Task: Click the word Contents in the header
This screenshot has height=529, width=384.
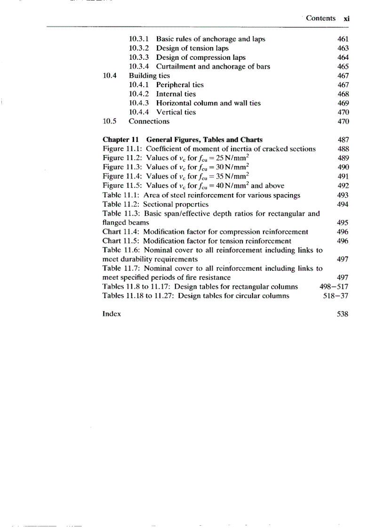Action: pos(320,18)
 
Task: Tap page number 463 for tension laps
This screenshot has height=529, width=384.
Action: pos(343,48)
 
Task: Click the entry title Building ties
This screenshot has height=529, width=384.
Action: pos(149,75)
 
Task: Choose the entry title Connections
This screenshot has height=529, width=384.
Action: pos(149,121)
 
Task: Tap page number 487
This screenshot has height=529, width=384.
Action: pos(343,139)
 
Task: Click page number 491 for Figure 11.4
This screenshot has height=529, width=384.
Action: pos(343,176)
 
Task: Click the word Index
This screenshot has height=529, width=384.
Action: pos(112,314)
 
